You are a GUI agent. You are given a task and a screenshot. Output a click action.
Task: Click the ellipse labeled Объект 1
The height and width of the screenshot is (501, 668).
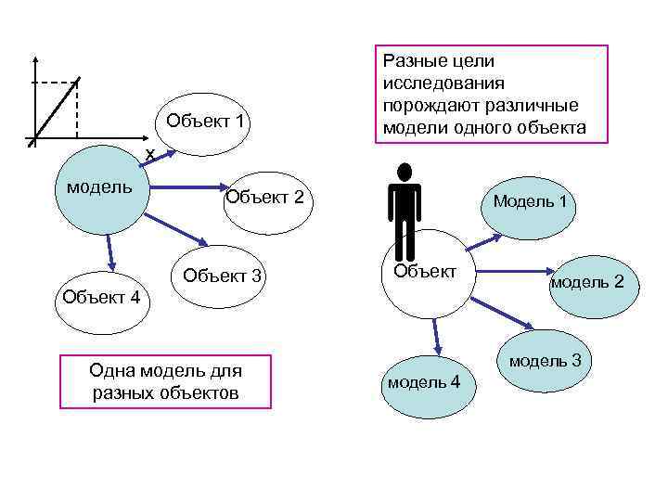pyautogui.click(x=206, y=122)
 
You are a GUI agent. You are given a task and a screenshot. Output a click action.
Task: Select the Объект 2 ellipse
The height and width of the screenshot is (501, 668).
pyautogui.click(x=264, y=197)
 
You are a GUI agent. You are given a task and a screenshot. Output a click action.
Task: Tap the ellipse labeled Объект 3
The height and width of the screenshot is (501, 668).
pyautogui.click(x=224, y=276)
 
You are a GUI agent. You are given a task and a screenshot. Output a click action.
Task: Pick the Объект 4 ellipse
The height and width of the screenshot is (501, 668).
pyautogui.click(x=98, y=299)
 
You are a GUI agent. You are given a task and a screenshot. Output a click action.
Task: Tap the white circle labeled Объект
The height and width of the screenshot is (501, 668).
pyautogui.click(x=426, y=273)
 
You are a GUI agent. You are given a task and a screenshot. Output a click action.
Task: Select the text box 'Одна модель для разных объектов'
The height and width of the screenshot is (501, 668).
pyautogui.click(x=166, y=381)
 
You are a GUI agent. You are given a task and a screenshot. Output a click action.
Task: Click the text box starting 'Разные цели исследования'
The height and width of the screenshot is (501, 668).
pyautogui.click(x=492, y=94)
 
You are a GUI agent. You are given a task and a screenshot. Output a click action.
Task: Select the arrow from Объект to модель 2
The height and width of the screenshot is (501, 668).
pyautogui.click(x=515, y=273)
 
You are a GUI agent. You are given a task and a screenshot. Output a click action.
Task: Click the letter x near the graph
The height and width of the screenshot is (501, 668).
pyautogui.click(x=148, y=154)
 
